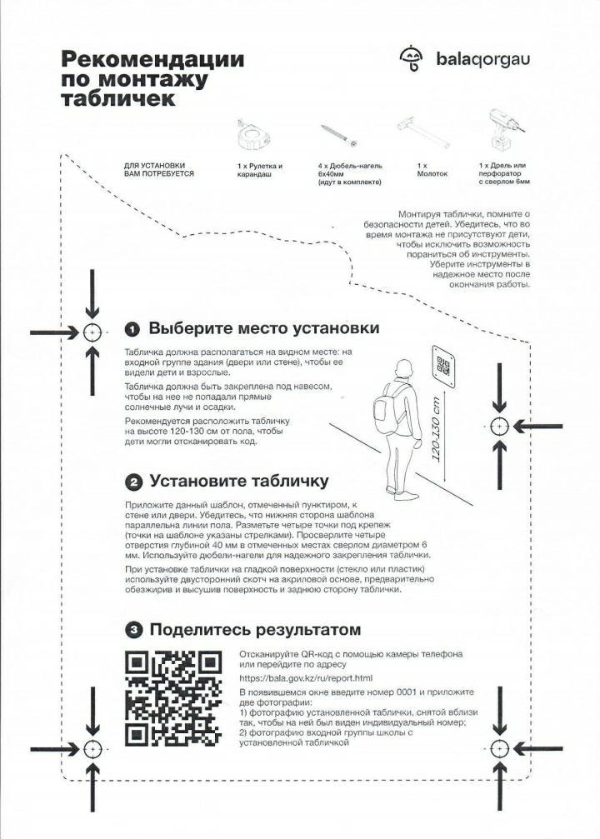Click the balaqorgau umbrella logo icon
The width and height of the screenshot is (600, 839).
[412, 57]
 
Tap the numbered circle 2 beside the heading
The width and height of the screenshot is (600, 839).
[132, 482]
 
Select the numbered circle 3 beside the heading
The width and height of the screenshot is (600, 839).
[132, 630]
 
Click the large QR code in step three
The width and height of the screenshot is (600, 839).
[172, 697]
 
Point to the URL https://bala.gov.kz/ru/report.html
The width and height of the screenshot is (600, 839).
[306, 678]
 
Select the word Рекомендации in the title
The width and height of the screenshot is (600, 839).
[152, 60]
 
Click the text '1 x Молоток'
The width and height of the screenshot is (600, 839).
[432, 170]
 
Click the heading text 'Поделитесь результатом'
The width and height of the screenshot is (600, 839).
[255, 630]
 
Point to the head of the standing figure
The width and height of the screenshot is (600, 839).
[404, 368]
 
